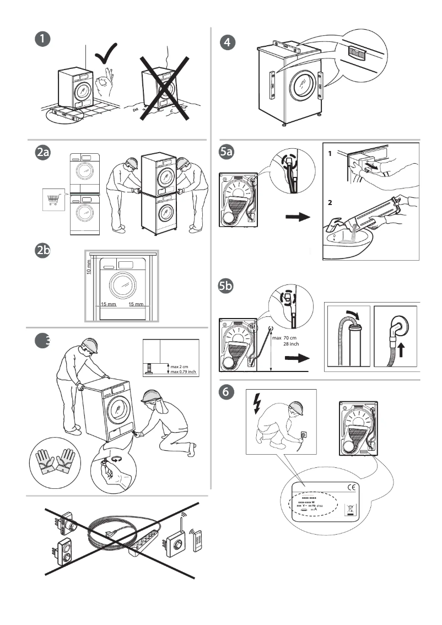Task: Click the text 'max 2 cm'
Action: (180, 366)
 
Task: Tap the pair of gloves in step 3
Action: (54, 461)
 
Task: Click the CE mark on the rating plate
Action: (351, 487)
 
